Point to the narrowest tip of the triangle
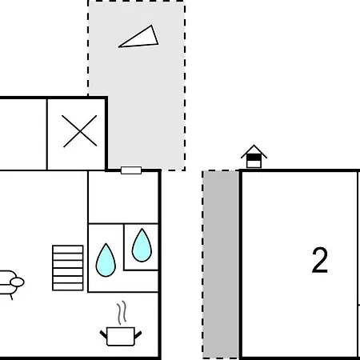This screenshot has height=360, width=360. [118, 47]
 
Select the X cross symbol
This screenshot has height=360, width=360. [80, 131]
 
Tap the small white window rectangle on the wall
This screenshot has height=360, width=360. [131, 170]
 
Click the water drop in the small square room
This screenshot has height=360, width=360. [142, 246]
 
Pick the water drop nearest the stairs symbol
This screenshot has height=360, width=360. [106, 260]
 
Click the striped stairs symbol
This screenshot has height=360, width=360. [68, 268]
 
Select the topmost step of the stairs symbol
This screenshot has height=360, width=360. [68, 249]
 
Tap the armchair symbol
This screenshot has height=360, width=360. [10, 284]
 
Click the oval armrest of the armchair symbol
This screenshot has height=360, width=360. [18, 282]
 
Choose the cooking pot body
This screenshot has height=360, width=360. [121, 336]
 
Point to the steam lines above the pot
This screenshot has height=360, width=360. [122, 313]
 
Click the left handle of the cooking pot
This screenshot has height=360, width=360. [103, 334]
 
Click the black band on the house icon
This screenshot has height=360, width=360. [254, 158]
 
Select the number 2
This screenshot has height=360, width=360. [320, 260]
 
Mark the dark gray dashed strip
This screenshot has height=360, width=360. [221, 265]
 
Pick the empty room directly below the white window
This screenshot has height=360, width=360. [123, 198]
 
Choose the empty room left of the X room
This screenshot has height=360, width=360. [23, 134]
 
